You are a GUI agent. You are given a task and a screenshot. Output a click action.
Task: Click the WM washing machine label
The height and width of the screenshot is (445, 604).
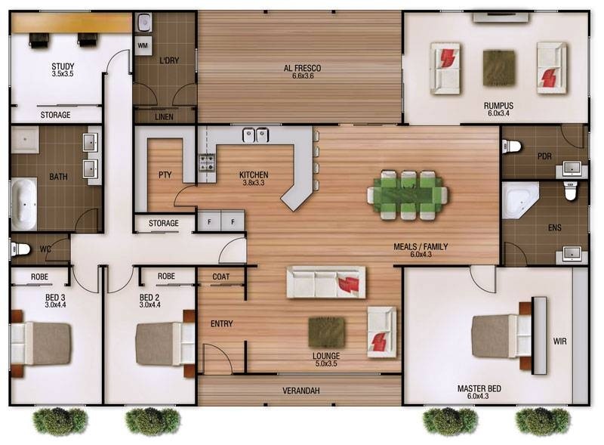point(143,45)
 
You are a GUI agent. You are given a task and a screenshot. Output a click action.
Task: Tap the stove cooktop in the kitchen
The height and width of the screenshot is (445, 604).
point(206,162)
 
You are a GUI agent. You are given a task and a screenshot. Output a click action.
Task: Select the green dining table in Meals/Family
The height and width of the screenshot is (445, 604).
point(408,195)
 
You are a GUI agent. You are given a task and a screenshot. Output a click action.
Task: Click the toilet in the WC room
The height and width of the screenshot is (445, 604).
point(20,249)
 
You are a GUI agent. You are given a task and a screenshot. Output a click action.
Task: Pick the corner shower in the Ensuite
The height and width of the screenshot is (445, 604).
point(520,201)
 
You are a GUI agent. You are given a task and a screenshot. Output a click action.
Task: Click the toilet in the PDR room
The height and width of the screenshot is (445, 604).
point(511,147)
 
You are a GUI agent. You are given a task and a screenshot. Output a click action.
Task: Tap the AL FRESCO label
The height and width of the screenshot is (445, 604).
point(303,68)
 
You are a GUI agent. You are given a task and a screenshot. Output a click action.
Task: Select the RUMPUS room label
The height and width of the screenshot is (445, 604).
point(498,106)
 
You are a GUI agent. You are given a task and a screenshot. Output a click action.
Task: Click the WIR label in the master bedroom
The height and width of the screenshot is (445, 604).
point(559,341)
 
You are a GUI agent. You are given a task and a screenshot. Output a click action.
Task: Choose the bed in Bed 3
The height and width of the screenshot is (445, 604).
point(42,343)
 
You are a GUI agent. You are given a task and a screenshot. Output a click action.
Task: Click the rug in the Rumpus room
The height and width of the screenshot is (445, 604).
point(499,68)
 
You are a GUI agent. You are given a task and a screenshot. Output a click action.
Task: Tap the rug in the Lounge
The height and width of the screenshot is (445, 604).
point(327,332)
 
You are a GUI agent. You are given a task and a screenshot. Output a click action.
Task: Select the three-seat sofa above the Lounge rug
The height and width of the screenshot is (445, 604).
point(326,282)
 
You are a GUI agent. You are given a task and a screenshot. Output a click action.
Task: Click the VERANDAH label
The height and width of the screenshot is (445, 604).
point(301,391)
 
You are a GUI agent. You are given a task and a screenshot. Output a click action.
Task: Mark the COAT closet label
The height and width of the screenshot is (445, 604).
point(221,277)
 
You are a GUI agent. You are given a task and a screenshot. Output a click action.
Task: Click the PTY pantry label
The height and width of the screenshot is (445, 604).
point(165,175)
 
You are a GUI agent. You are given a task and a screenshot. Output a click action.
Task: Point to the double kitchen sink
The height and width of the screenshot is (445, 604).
point(255,135)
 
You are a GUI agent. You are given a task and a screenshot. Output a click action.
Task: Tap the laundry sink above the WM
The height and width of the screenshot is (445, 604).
point(143,23)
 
